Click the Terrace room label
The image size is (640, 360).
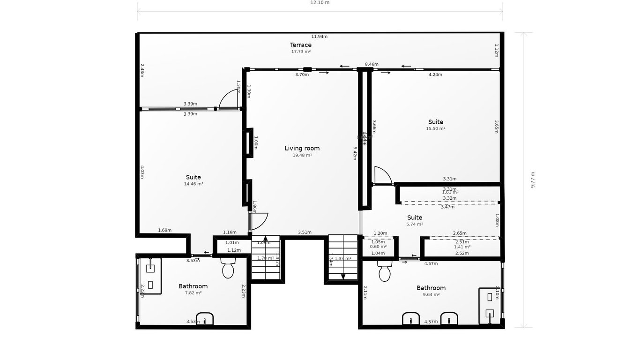pos(300,45)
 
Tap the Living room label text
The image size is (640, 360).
pos(302,148)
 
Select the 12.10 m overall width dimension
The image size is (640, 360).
pos(320,2)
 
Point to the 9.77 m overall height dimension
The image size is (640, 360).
pos(533,180)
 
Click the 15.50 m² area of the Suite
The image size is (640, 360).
pos(435,128)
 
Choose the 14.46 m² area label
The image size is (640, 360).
pos(193,184)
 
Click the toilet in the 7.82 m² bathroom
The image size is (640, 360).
pos(228,269)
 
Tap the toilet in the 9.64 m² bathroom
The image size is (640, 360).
pos(385,272)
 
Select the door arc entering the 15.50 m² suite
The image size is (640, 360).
pos(384,174)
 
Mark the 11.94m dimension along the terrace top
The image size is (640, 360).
pos(320,37)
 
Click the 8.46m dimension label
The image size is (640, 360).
pos(372,64)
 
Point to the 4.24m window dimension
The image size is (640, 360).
pos(435,75)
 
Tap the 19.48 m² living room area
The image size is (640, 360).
pos(302,155)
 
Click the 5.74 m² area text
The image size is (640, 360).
pos(415,225)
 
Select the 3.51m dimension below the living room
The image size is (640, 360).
pos(305,232)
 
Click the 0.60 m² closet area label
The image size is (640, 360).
pos(378,247)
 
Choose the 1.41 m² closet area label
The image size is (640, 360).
pos(462,247)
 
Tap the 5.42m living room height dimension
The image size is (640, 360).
pos(355,153)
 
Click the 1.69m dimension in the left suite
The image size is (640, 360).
pos(164,230)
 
